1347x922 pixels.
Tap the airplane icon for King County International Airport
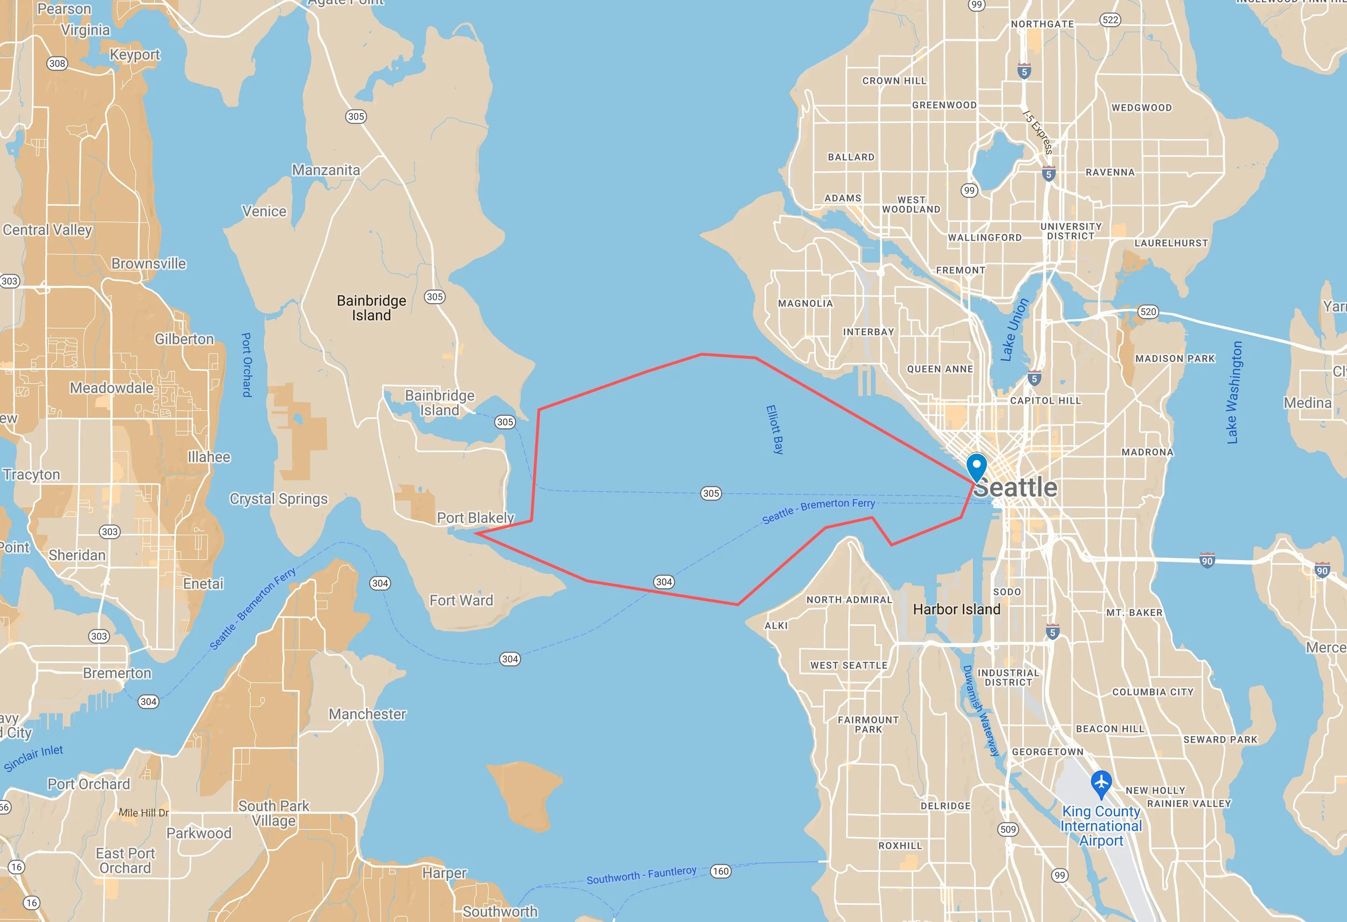pyautogui.click(x=1101, y=784)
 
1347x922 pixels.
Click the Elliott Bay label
pyautogui.click(x=774, y=429)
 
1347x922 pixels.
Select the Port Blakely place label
pyautogui.click(x=475, y=518)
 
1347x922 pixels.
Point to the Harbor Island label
pyautogui.click(x=956, y=609)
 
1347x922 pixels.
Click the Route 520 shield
pyautogui.click(x=1148, y=312)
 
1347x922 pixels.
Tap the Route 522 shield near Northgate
pyautogui.click(x=1110, y=20)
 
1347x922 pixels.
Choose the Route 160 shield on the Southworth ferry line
pyautogui.click(x=720, y=871)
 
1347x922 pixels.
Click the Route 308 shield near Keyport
pyautogui.click(x=57, y=63)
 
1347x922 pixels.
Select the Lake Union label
pyautogui.click(x=1015, y=329)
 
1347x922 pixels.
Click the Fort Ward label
pyautogui.click(x=461, y=600)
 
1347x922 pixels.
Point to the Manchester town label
pyautogui.click(x=367, y=714)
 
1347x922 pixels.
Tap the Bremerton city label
pyautogui.click(x=117, y=673)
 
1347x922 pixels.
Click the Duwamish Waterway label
pyautogui.click(x=981, y=710)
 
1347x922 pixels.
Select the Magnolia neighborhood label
pyautogui.click(x=805, y=303)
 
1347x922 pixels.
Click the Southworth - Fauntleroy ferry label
pyautogui.click(x=641, y=875)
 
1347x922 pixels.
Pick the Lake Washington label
pyautogui.click(x=1234, y=392)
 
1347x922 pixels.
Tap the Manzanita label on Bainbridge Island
pyautogui.click(x=326, y=170)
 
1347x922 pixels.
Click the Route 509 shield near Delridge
pyautogui.click(x=1008, y=829)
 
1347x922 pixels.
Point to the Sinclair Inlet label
pyautogui.click(x=33, y=758)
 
